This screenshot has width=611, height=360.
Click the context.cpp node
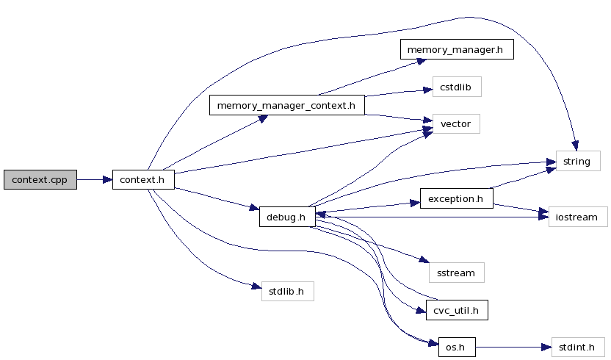click(40, 179)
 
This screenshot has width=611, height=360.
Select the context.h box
click(142, 179)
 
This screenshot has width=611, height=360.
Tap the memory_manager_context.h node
click(287, 105)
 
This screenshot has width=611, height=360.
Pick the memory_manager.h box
click(456, 49)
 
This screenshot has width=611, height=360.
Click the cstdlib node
click(457, 87)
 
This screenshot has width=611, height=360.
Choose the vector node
click(456, 123)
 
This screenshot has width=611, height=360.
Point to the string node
click(577, 161)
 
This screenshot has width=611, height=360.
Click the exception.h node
click(456, 198)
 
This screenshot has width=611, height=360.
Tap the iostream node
click(578, 217)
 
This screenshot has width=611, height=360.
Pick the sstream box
click(456, 273)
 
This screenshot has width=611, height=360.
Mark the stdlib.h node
click(288, 291)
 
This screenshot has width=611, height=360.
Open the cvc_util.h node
click(457, 309)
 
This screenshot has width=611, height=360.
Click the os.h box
click(456, 347)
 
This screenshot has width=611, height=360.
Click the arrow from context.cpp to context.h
click(94, 179)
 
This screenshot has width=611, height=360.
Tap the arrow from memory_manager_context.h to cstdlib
click(397, 93)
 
